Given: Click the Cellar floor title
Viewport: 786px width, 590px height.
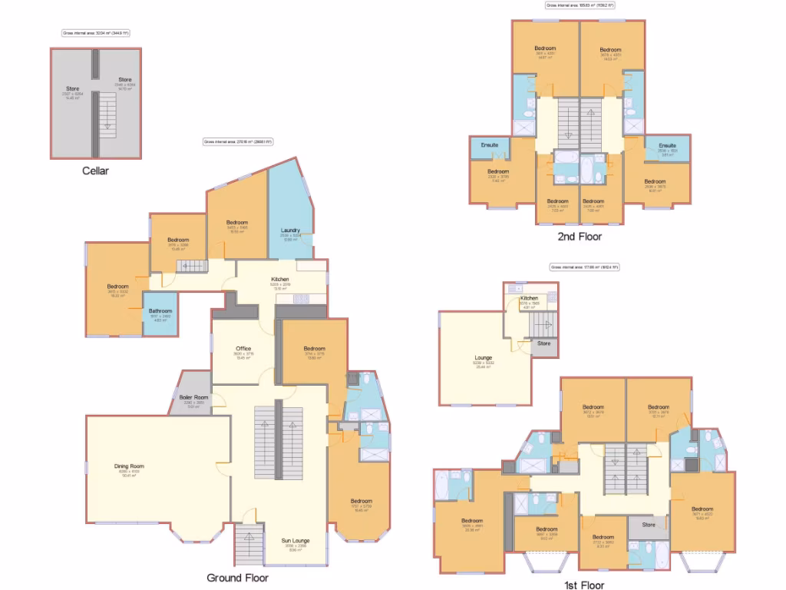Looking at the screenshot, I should [95, 171].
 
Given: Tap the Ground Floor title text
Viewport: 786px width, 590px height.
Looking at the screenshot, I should [238, 578].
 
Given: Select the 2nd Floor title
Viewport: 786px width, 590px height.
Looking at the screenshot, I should [580, 237].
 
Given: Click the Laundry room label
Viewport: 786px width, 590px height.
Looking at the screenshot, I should [290, 230].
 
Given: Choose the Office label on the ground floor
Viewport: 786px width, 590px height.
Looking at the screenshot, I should [243, 349].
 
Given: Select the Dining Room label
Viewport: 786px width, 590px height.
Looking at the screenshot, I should [129, 466].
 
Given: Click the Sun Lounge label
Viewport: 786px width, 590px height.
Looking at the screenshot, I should [296, 541].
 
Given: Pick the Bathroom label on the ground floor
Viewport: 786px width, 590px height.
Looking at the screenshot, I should [160, 311].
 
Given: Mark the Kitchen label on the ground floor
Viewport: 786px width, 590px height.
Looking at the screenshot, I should [280, 279].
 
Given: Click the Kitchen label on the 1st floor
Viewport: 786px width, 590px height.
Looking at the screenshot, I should [530, 298].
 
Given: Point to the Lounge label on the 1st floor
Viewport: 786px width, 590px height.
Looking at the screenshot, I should [484, 358].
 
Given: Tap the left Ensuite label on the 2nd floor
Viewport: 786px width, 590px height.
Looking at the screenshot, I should [490, 145].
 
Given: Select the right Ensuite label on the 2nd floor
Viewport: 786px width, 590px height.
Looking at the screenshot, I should [667, 145].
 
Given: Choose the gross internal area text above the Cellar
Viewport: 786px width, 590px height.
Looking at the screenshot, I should [96, 33].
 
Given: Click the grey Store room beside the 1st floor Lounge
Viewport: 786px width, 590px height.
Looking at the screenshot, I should [543, 344].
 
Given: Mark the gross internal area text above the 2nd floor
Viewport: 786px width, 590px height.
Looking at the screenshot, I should [580, 5].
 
